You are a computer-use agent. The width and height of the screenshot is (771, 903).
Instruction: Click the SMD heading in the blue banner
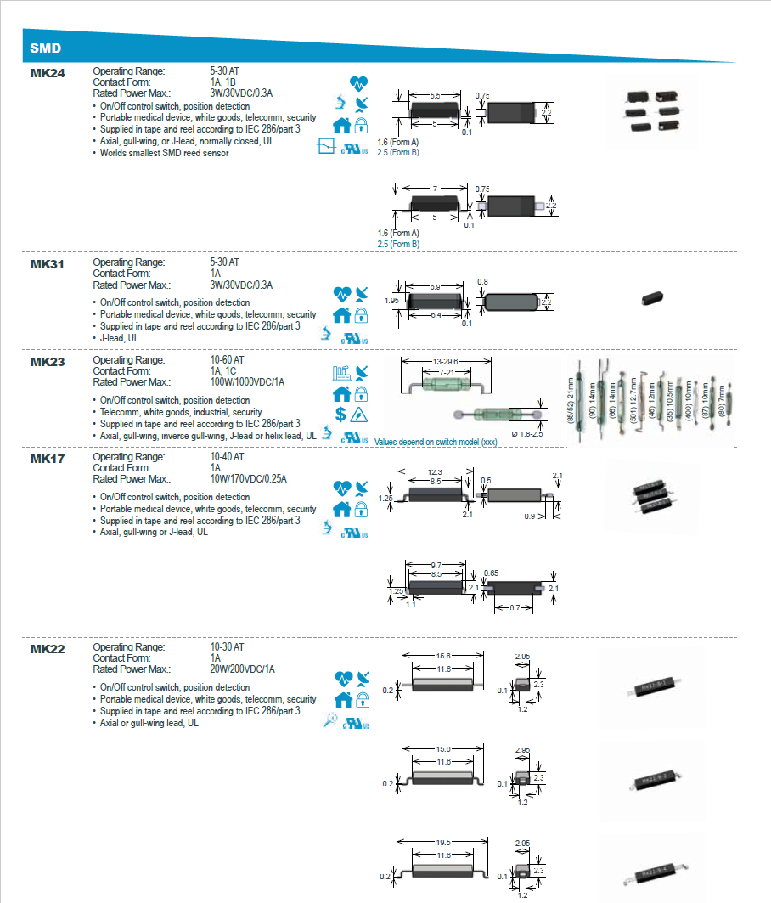coord(46,48)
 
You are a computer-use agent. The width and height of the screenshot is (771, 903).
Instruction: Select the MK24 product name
coord(48,73)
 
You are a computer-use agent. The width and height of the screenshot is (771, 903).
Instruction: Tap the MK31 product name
coord(48,264)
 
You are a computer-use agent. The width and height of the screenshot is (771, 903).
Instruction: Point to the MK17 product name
coord(48,458)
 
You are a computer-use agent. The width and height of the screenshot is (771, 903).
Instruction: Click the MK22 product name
coord(48,649)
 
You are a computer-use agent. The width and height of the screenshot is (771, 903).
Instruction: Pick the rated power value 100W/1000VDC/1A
coord(247,382)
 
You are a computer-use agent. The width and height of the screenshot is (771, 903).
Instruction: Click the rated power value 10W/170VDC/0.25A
coord(248,479)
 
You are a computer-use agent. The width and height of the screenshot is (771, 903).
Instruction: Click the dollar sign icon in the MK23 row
coord(340,414)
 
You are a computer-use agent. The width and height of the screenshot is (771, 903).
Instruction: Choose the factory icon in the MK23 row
coord(340,373)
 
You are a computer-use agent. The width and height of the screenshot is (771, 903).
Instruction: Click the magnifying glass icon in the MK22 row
coord(332,721)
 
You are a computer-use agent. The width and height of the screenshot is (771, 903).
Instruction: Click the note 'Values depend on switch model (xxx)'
coord(436,442)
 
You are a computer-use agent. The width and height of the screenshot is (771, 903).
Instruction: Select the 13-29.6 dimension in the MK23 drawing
coord(451,362)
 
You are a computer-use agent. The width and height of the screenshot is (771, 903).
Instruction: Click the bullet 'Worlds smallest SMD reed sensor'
coord(165,153)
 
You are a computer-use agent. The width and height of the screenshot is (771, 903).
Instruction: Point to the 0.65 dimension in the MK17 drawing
coord(491,573)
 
